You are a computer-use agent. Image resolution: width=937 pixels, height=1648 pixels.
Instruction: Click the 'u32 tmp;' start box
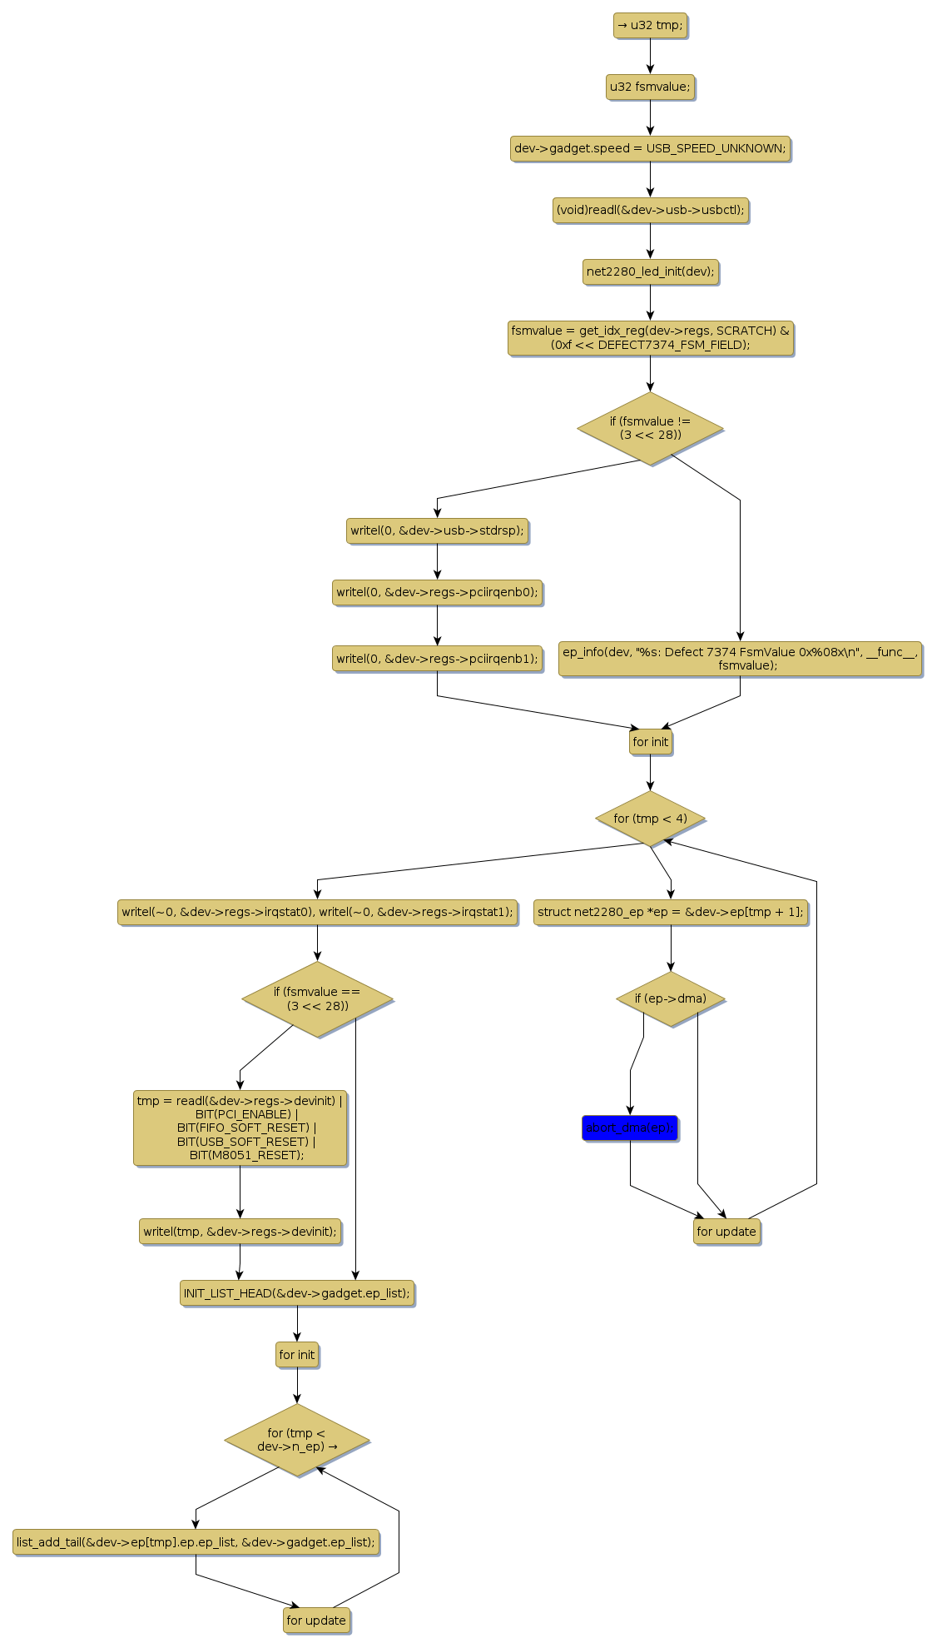tap(650, 25)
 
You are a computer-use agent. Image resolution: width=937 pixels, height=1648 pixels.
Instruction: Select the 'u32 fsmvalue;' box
tap(650, 87)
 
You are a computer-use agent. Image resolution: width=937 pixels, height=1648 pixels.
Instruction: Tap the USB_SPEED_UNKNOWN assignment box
tap(650, 148)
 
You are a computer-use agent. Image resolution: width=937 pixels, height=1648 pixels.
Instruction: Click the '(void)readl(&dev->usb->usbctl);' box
tap(650, 210)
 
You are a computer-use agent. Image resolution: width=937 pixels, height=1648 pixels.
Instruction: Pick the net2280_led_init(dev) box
tap(650, 271)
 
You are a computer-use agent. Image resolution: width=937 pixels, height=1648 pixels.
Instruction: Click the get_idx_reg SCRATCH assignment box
tap(650, 337)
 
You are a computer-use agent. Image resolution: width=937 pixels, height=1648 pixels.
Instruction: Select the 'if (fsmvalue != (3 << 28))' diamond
tap(650, 428)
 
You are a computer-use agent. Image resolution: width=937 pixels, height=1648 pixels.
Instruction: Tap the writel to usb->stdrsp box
tap(437, 530)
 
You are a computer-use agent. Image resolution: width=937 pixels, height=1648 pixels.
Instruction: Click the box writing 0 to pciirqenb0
tap(437, 592)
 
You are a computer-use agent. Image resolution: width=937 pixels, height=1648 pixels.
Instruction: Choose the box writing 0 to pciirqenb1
tap(437, 658)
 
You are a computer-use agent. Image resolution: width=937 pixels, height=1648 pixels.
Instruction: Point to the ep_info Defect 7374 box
tap(740, 658)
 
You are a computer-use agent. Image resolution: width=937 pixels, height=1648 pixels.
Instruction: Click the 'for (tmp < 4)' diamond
tap(650, 819)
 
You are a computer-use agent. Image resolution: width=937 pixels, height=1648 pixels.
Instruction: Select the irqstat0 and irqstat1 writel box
tap(317, 912)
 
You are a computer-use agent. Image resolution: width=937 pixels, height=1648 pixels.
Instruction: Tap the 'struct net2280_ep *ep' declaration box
tap(670, 912)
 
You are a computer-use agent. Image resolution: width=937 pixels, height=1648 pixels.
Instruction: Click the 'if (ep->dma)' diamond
tap(670, 998)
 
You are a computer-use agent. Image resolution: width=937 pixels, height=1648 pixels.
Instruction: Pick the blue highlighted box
tap(630, 1128)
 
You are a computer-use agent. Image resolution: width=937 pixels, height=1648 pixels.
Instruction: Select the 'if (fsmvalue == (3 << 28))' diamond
tap(317, 998)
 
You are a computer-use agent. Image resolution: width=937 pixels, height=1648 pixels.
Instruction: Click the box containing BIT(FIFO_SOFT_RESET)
tap(240, 1128)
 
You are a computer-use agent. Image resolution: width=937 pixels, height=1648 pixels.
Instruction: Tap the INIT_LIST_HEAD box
tap(296, 1293)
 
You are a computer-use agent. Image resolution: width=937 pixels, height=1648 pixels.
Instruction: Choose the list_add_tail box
tap(196, 1542)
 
